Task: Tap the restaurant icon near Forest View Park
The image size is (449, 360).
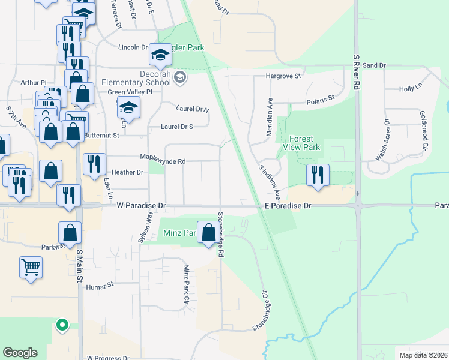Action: point(318,175)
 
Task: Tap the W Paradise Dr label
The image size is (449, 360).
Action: point(141,206)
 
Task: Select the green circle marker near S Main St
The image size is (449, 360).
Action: point(61,326)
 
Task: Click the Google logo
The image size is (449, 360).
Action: point(20,353)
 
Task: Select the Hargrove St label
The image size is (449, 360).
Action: point(283,76)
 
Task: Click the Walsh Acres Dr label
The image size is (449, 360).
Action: point(382,142)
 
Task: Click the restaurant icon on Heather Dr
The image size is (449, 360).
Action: point(93,166)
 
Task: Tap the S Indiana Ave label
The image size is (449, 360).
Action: point(270,182)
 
